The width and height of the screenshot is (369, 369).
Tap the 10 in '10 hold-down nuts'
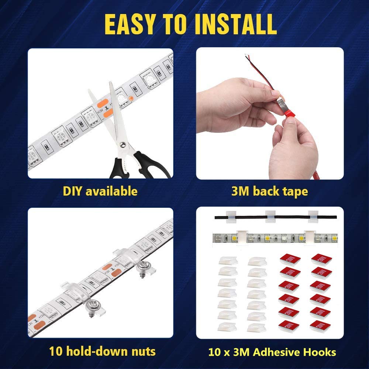[x=55, y=351]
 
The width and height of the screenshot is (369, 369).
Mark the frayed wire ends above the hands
[x=247, y=57]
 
